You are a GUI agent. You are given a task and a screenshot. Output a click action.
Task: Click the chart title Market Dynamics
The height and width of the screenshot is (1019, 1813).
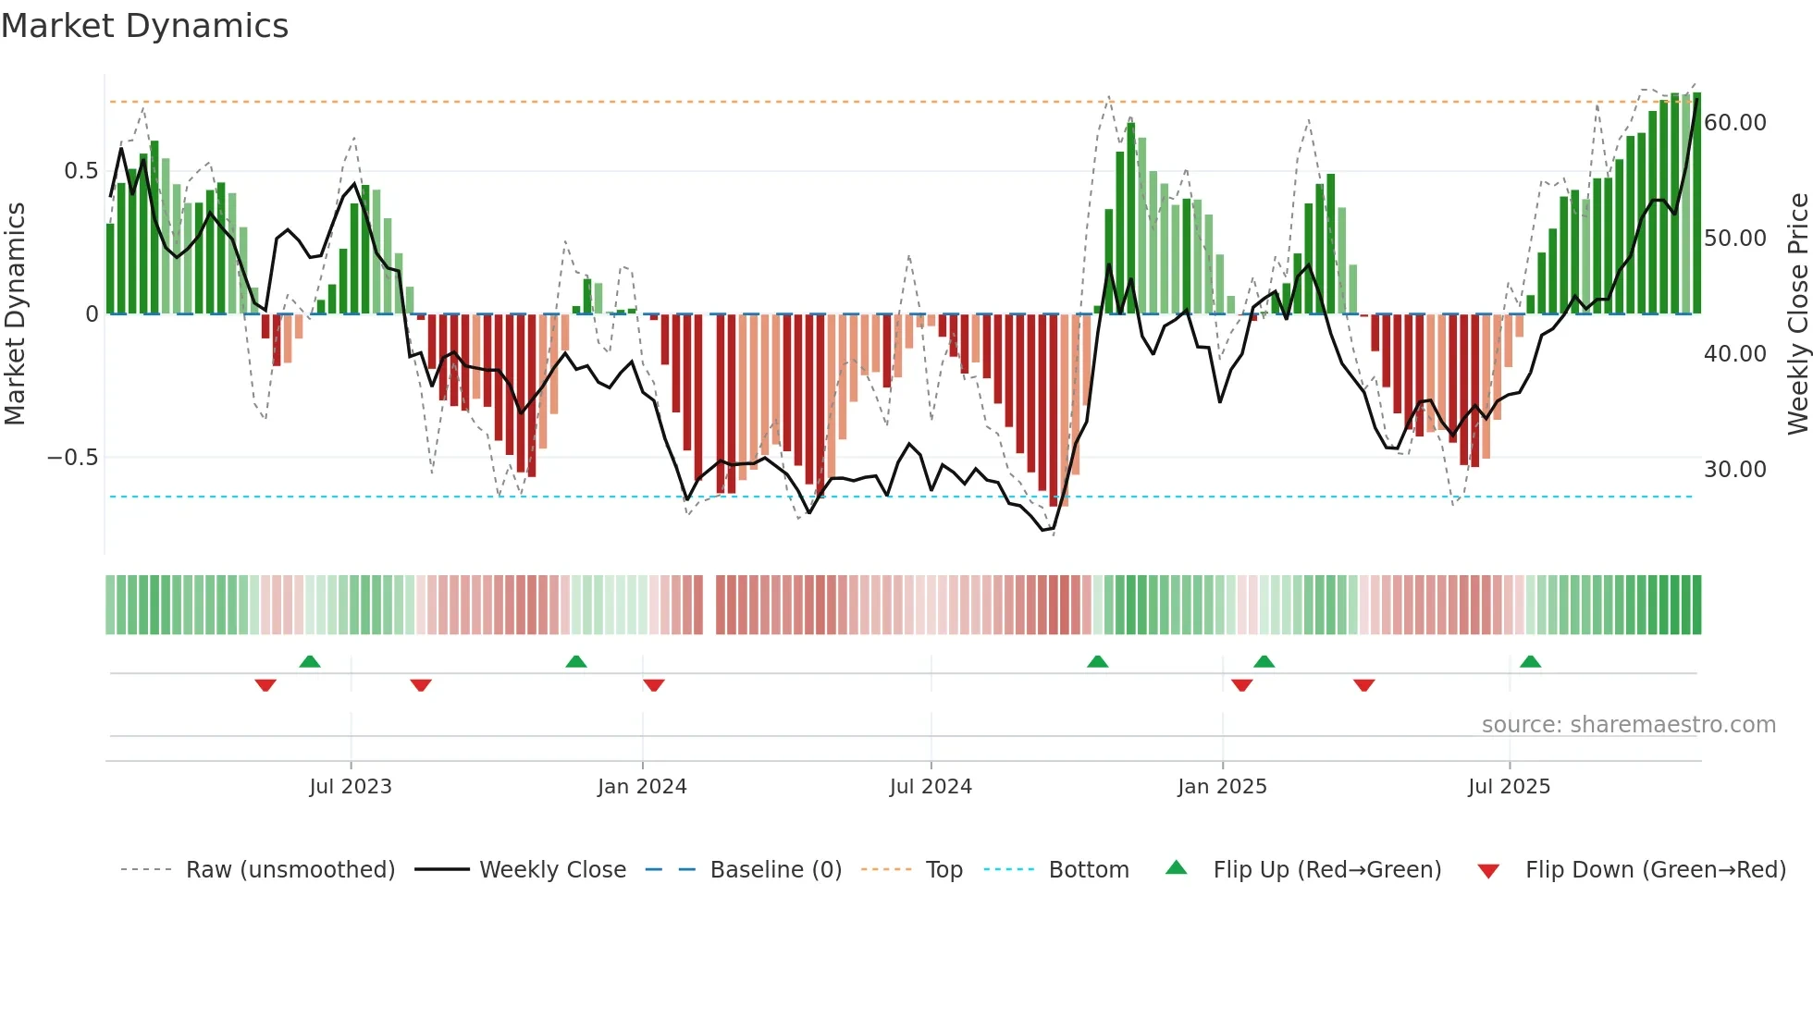(144, 26)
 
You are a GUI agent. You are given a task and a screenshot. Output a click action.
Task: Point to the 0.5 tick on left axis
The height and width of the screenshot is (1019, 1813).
(80, 171)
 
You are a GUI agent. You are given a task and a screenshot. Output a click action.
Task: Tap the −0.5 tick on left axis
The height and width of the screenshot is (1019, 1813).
(72, 458)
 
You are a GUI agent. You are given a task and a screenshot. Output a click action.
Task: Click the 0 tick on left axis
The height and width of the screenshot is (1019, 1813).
(92, 314)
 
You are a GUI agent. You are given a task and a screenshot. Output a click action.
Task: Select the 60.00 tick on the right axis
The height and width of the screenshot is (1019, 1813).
(1734, 123)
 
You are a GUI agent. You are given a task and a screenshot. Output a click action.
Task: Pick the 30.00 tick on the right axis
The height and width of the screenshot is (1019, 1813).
(1734, 470)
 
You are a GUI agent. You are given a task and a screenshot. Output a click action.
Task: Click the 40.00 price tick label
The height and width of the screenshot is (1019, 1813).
(1734, 354)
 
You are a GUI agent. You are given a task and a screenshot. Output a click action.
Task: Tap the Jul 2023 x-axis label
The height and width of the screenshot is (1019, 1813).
(351, 787)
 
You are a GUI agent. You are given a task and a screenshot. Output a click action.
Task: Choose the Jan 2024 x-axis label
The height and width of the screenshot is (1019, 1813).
(642, 787)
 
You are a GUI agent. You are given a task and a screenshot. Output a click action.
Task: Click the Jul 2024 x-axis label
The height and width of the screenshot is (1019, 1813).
(931, 787)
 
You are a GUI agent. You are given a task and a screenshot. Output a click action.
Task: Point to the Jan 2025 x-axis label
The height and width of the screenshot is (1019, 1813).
(1222, 787)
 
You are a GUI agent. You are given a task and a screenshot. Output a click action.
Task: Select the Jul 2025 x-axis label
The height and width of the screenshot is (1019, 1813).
(1509, 787)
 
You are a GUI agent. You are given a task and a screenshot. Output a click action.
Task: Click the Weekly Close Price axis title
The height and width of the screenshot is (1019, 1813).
(1797, 314)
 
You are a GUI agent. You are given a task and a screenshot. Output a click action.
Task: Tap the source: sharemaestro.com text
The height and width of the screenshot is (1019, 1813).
(1628, 725)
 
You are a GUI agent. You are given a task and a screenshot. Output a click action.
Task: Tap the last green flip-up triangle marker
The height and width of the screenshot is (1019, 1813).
(1530, 661)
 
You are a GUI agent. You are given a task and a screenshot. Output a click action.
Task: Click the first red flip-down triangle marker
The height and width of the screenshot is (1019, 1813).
(265, 685)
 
